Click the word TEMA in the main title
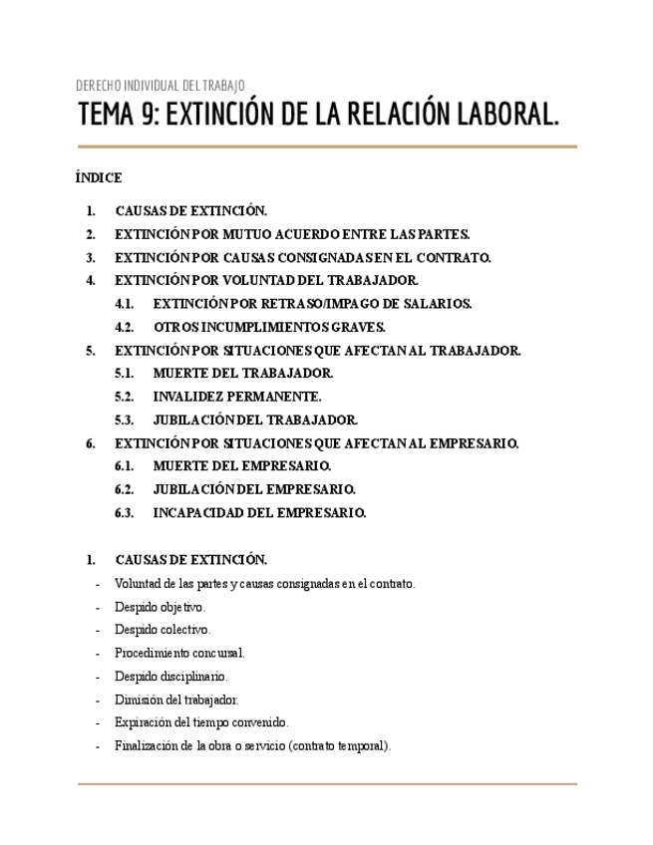tap(106, 117)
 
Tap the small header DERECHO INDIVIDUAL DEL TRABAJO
tap(160, 86)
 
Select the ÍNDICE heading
tap(99, 178)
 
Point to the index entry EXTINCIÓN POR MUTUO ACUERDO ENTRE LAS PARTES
tap(292, 234)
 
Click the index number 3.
tap(91, 257)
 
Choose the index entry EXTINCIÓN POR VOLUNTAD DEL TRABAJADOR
tap(266, 280)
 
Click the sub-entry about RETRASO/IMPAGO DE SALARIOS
tap(312, 304)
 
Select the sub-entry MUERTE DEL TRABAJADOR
tap(242, 373)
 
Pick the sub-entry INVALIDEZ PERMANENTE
tap(237, 397)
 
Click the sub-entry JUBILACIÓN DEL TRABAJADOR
tap(255, 420)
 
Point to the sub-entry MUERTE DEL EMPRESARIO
tap(242, 465)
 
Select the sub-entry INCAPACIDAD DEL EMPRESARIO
tap(259, 513)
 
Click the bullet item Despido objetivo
tap(160, 607)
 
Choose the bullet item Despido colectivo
tap(163, 630)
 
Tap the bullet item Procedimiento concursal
tap(179, 653)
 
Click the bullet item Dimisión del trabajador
tap(176, 700)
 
